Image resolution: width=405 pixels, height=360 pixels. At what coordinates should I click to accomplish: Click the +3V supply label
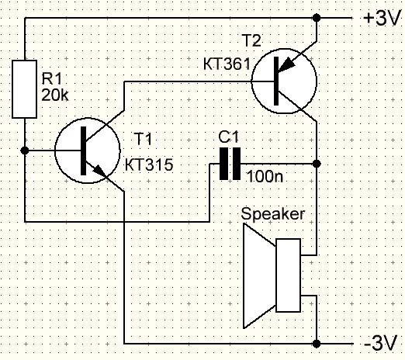pyautogui.click(x=382, y=19)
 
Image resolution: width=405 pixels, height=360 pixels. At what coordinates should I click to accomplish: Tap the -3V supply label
pyautogui.click(x=380, y=344)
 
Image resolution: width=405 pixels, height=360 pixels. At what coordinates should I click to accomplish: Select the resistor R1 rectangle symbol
pyautogui.click(x=24, y=89)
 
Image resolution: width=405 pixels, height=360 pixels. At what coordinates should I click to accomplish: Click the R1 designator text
pyautogui.click(x=52, y=78)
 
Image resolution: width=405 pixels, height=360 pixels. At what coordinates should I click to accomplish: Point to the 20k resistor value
pyautogui.click(x=55, y=95)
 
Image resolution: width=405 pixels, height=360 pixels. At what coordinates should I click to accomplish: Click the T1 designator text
pyautogui.click(x=143, y=139)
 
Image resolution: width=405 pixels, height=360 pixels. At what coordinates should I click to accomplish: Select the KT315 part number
pyautogui.click(x=149, y=164)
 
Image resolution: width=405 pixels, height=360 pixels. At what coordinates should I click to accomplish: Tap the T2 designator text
pyautogui.click(x=252, y=40)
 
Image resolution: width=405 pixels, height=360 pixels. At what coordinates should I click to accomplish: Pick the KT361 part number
pyautogui.click(x=227, y=64)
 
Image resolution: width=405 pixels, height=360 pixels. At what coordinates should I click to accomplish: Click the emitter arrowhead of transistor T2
pyautogui.click(x=286, y=65)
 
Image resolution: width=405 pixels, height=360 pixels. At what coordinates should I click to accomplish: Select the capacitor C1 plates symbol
pyautogui.click(x=230, y=164)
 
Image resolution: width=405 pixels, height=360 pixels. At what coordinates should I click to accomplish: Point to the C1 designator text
pyautogui.click(x=229, y=137)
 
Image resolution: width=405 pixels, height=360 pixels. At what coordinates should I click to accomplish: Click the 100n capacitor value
pyautogui.click(x=265, y=176)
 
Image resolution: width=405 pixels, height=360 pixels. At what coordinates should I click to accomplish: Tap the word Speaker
pyautogui.click(x=272, y=214)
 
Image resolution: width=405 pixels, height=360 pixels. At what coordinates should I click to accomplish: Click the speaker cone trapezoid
pyautogui.click(x=259, y=275)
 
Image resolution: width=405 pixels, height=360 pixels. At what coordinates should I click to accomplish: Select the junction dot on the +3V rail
pyautogui.click(x=317, y=18)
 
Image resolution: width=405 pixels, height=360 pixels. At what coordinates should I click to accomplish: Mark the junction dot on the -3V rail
pyautogui.click(x=317, y=344)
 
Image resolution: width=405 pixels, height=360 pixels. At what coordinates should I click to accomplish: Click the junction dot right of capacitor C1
pyautogui.click(x=317, y=164)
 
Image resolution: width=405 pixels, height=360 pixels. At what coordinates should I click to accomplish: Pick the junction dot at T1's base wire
pyautogui.click(x=25, y=151)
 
